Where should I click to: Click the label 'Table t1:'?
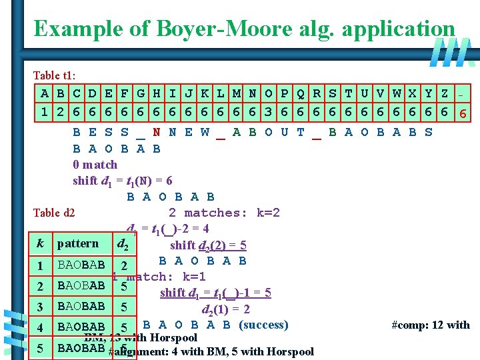[57, 75]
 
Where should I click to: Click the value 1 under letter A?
[44, 111]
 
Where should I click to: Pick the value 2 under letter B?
[60, 111]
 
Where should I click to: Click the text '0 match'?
[95, 164]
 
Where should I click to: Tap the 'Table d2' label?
[54, 213]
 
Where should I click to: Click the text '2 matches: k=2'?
[224, 213]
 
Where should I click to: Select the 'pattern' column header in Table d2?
[78, 244]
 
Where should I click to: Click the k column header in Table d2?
[41, 244]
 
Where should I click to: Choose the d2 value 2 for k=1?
[125, 266]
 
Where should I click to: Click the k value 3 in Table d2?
[41, 307]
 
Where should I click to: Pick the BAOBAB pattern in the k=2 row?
[81, 286]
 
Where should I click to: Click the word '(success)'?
[263, 325]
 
